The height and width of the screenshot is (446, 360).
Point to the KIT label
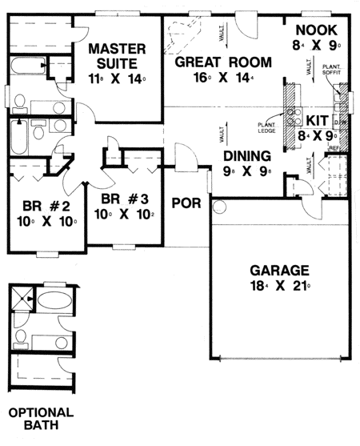point(316,119)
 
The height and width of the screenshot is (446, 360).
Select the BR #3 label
point(118,199)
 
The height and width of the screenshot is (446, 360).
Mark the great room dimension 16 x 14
point(223,80)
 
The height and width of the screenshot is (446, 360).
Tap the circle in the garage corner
point(220,207)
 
